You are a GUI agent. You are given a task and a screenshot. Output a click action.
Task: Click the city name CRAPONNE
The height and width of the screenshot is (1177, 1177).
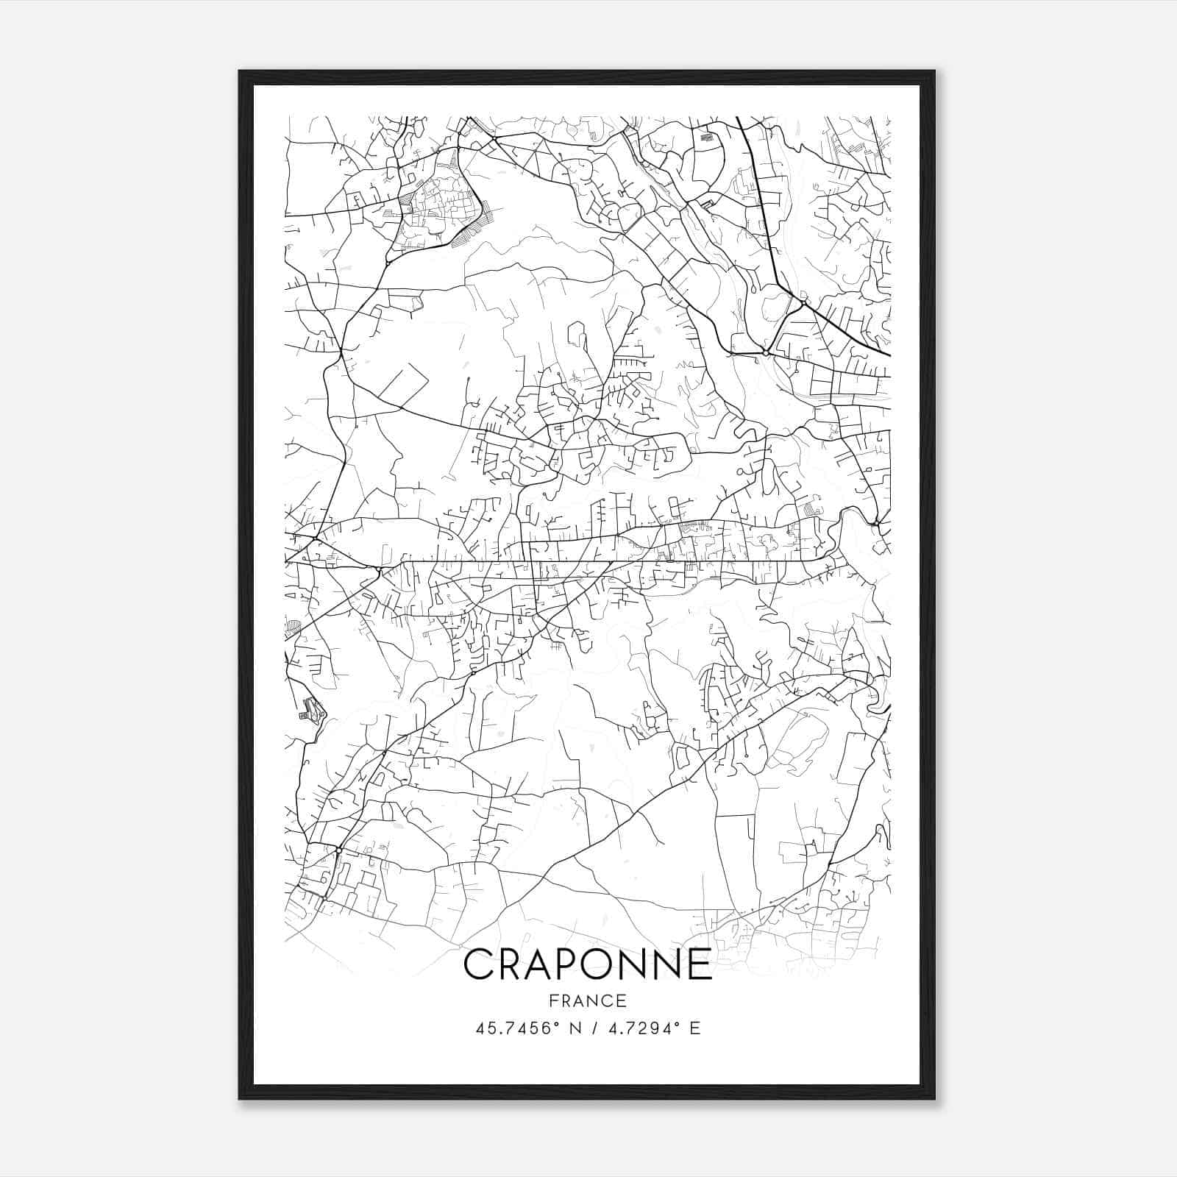tap(588, 964)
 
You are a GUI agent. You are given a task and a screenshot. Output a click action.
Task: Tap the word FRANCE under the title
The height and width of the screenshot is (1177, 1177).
tap(588, 1001)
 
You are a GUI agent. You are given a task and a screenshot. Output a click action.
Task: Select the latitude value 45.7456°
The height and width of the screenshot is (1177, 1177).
tap(518, 1028)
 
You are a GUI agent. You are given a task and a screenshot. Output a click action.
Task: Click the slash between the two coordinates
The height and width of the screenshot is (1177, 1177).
tap(594, 1028)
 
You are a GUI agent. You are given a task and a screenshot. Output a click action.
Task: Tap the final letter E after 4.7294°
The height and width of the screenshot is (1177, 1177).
tap(695, 1028)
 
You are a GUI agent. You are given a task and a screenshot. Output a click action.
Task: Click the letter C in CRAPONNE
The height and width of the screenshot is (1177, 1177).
tap(478, 964)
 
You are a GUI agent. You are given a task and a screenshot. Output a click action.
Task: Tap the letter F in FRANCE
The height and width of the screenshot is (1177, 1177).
tap(552, 1001)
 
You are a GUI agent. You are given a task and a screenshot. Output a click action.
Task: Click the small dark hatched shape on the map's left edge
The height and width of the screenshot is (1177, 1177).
tap(312, 710)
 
